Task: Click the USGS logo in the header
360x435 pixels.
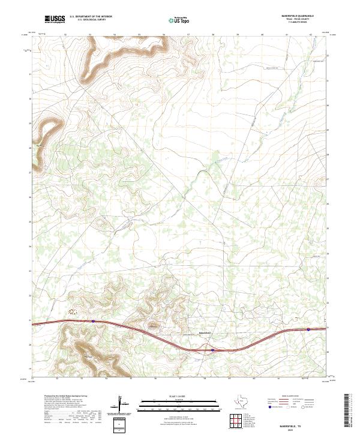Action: coord(55,19)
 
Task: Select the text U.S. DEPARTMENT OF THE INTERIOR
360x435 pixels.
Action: coord(91,17)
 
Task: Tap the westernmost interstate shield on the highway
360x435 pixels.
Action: coord(93,321)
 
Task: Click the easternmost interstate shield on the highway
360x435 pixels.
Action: coord(308,329)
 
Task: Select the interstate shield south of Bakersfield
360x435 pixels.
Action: coord(212,350)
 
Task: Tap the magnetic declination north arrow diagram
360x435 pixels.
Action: coord(124,406)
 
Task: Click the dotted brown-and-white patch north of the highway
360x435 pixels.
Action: coord(74,311)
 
